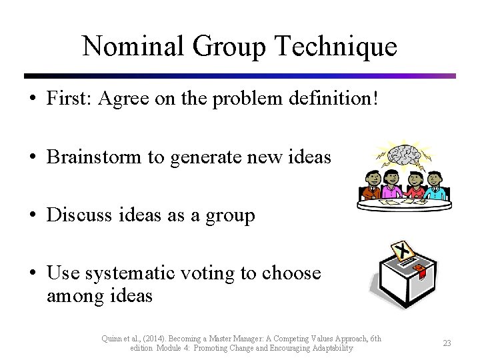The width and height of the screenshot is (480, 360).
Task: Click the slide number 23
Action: point(447,343)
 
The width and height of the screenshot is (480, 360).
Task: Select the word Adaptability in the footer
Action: point(329,348)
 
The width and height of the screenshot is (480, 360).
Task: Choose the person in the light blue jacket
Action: point(435,185)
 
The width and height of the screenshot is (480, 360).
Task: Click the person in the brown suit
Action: point(371,185)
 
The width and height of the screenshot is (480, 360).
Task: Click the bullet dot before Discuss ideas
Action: point(33,216)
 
